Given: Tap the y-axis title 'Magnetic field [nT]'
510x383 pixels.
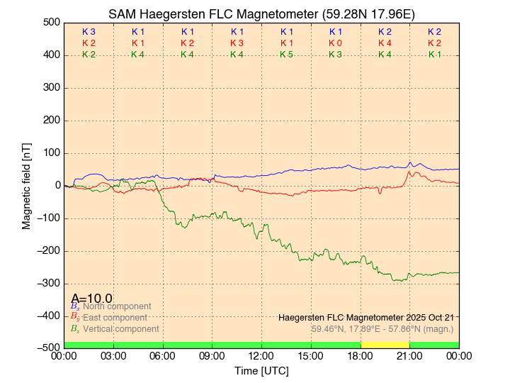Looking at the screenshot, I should [27, 186].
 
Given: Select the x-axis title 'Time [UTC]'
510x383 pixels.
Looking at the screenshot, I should [261, 371].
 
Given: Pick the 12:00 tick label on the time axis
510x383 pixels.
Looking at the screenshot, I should [261, 356].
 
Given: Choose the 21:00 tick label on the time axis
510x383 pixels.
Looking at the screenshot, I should [409, 356].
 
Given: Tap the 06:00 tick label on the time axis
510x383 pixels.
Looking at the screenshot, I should [163, 356].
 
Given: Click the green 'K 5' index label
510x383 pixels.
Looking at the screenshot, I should [286, 55].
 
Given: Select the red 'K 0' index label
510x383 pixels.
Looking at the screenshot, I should [335, 43].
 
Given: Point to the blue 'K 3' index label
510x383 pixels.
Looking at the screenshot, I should [89, 32].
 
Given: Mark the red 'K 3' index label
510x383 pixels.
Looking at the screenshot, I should [237, 43].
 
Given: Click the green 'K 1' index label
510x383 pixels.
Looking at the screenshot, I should [434, 55].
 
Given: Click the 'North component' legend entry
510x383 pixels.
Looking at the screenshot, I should [114, 306].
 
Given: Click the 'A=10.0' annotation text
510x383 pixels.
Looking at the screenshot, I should [91, 298].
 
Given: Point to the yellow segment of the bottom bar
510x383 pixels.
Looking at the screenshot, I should [385, 345].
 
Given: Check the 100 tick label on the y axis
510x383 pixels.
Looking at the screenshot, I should [51, 153].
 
